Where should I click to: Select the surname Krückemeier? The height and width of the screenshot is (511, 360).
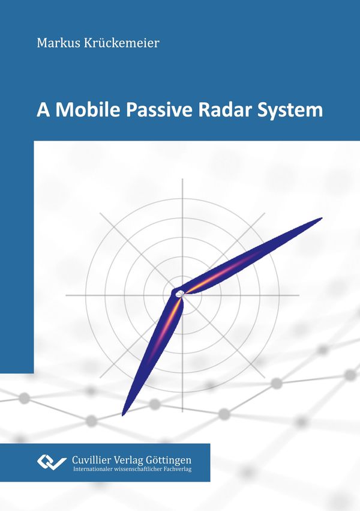(x=122, y=43)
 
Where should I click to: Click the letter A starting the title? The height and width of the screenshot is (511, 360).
(x=43, y=110)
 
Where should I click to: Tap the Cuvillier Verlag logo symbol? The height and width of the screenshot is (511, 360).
(x=52, y=462)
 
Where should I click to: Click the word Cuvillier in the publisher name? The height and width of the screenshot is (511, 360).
(x=91, y=460)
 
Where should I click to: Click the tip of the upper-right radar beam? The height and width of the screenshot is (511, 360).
(x=322, y=218)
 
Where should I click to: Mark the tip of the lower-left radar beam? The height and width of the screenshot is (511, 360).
(x=123, y=415)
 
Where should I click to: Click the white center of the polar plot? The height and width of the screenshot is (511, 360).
(x=179, y=294)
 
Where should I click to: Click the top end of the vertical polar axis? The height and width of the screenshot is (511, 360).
(x=182, y=179)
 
